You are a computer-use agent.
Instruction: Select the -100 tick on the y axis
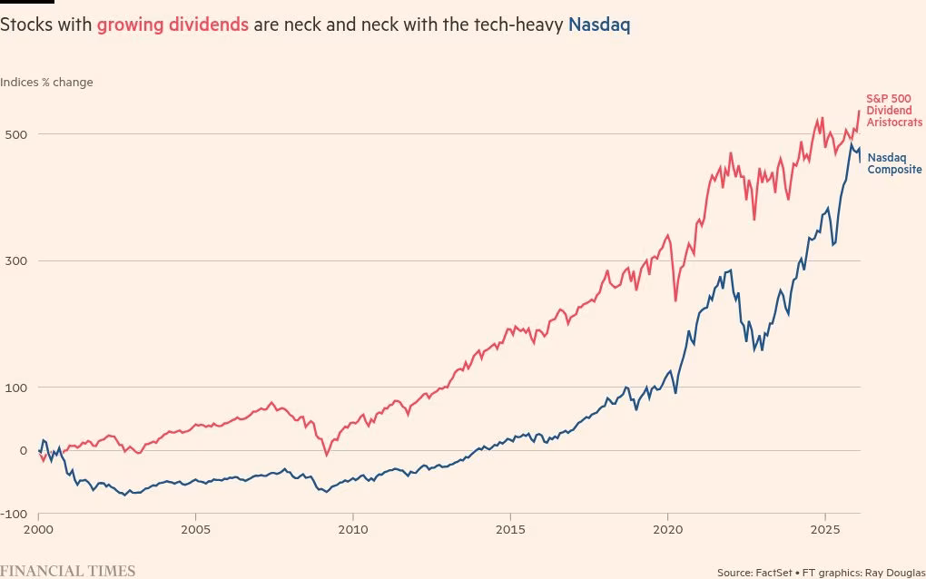14,515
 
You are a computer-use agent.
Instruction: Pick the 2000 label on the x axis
38,528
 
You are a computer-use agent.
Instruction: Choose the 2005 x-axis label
195,528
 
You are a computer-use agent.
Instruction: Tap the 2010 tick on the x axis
353,528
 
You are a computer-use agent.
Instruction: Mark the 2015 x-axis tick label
510,528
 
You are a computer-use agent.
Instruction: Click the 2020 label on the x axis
667,528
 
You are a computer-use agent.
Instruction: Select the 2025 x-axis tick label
824,528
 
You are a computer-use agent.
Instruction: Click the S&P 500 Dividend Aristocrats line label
893,110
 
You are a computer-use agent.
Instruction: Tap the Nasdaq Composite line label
894,163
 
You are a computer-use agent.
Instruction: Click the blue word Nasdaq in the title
599,25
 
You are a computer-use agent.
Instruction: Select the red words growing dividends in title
172,25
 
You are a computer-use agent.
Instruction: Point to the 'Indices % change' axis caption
46,83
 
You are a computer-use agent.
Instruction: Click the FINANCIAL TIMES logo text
68,571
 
